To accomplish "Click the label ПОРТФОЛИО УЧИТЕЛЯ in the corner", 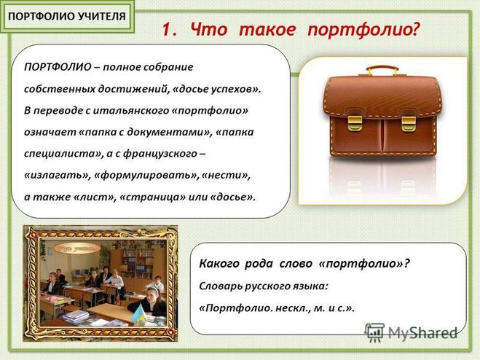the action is (x=67, y=17).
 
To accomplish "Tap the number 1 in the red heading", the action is (x=167, y=30).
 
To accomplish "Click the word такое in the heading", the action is (x=267, y=30).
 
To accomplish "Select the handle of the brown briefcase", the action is (x=382, y=71).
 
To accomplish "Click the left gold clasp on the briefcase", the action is (x=355, y=122).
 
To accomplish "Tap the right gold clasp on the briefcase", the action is (x=409, y=123).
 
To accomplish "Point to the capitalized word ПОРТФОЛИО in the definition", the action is (x=58, y=67).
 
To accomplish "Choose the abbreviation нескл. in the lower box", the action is (x=293, y=308).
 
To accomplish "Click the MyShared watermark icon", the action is (x=374, y=332).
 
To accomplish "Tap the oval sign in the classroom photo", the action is (x=77, y=249).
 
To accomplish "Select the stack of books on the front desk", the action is (x=75, y=316).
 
